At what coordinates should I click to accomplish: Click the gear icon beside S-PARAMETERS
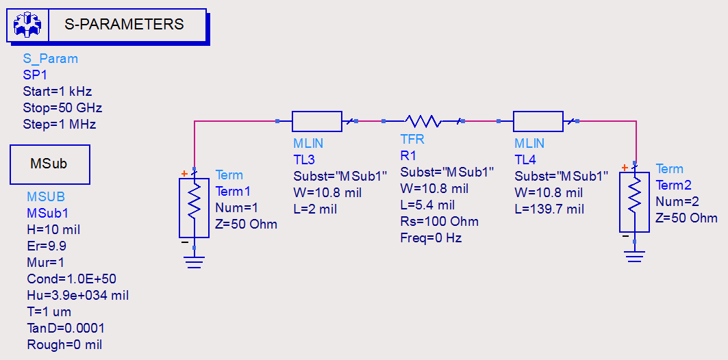point(27,25)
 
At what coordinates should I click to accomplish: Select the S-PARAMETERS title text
point(124,25)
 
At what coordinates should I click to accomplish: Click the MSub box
point(49,164)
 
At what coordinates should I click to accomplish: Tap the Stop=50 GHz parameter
point(62,107)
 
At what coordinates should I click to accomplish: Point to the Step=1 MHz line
point(59,124)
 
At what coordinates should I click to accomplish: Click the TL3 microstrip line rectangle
point(316,121)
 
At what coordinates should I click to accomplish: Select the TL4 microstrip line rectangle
point(538,121)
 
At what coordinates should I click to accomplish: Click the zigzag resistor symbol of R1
point(423,121)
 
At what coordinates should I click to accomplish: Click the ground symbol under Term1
point(194,261)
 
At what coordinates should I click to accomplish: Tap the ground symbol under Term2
point(635,256)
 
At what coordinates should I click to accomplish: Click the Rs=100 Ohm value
point(439,221)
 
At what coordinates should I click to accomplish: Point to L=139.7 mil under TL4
point(549,209)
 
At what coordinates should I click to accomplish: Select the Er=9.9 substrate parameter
point(47,246)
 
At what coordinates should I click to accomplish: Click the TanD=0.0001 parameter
point(66,328)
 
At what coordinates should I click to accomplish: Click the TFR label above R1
point(412,139)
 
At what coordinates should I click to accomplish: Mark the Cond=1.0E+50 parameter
point(71,279)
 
